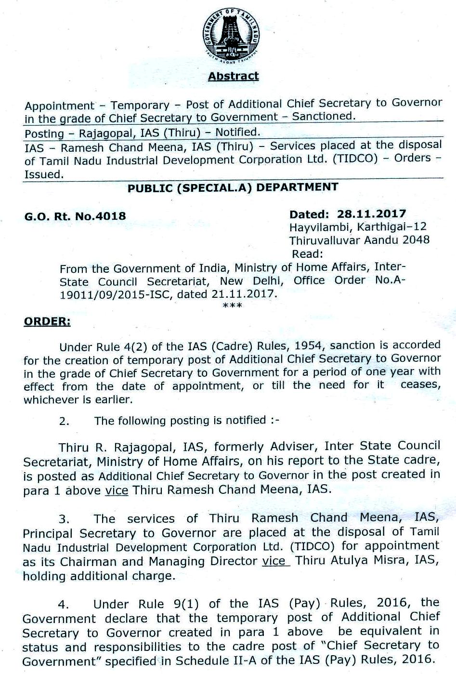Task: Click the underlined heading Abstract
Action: [x=233, y=76]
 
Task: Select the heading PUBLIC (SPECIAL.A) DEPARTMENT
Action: [x=233, y=188]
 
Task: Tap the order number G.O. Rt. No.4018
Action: [x=75, y=216]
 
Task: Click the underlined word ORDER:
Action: [x=47, y=321]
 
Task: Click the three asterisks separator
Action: [x=233, y=305]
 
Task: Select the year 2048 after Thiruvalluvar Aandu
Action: [x=416, y=240]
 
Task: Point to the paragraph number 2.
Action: [x=65, y=422]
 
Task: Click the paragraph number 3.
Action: [x=65, y=519]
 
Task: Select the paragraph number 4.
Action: [x=65, y=605]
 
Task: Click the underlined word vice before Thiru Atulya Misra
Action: [x=275, y=561]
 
